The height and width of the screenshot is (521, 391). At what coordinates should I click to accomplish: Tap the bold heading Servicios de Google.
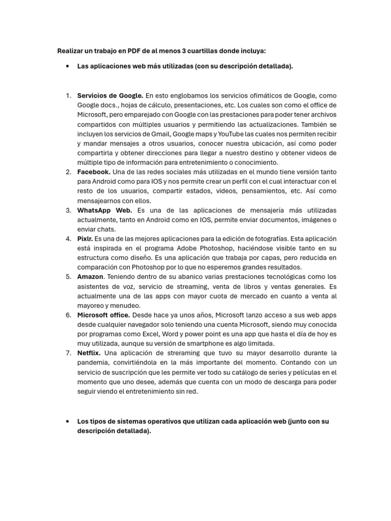point(110,96)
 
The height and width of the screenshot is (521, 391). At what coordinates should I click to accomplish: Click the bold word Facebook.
point(94,172)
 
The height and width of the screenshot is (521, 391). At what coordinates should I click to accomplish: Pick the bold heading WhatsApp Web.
point(104,210)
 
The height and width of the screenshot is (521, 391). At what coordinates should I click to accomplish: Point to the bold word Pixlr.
point(85,239)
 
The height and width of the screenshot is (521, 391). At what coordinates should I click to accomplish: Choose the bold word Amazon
point(90,277)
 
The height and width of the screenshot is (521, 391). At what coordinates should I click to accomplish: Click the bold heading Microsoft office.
point(103,315)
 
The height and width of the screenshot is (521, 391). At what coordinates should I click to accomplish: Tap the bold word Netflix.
point(89,353)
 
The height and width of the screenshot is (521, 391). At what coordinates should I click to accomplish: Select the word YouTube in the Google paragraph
point(231,134)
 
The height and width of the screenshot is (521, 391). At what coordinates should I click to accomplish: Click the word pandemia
point(93,362)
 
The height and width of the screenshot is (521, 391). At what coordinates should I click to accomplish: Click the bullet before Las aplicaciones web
point(68,66)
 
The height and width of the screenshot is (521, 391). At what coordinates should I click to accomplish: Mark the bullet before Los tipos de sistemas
point(68,422)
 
